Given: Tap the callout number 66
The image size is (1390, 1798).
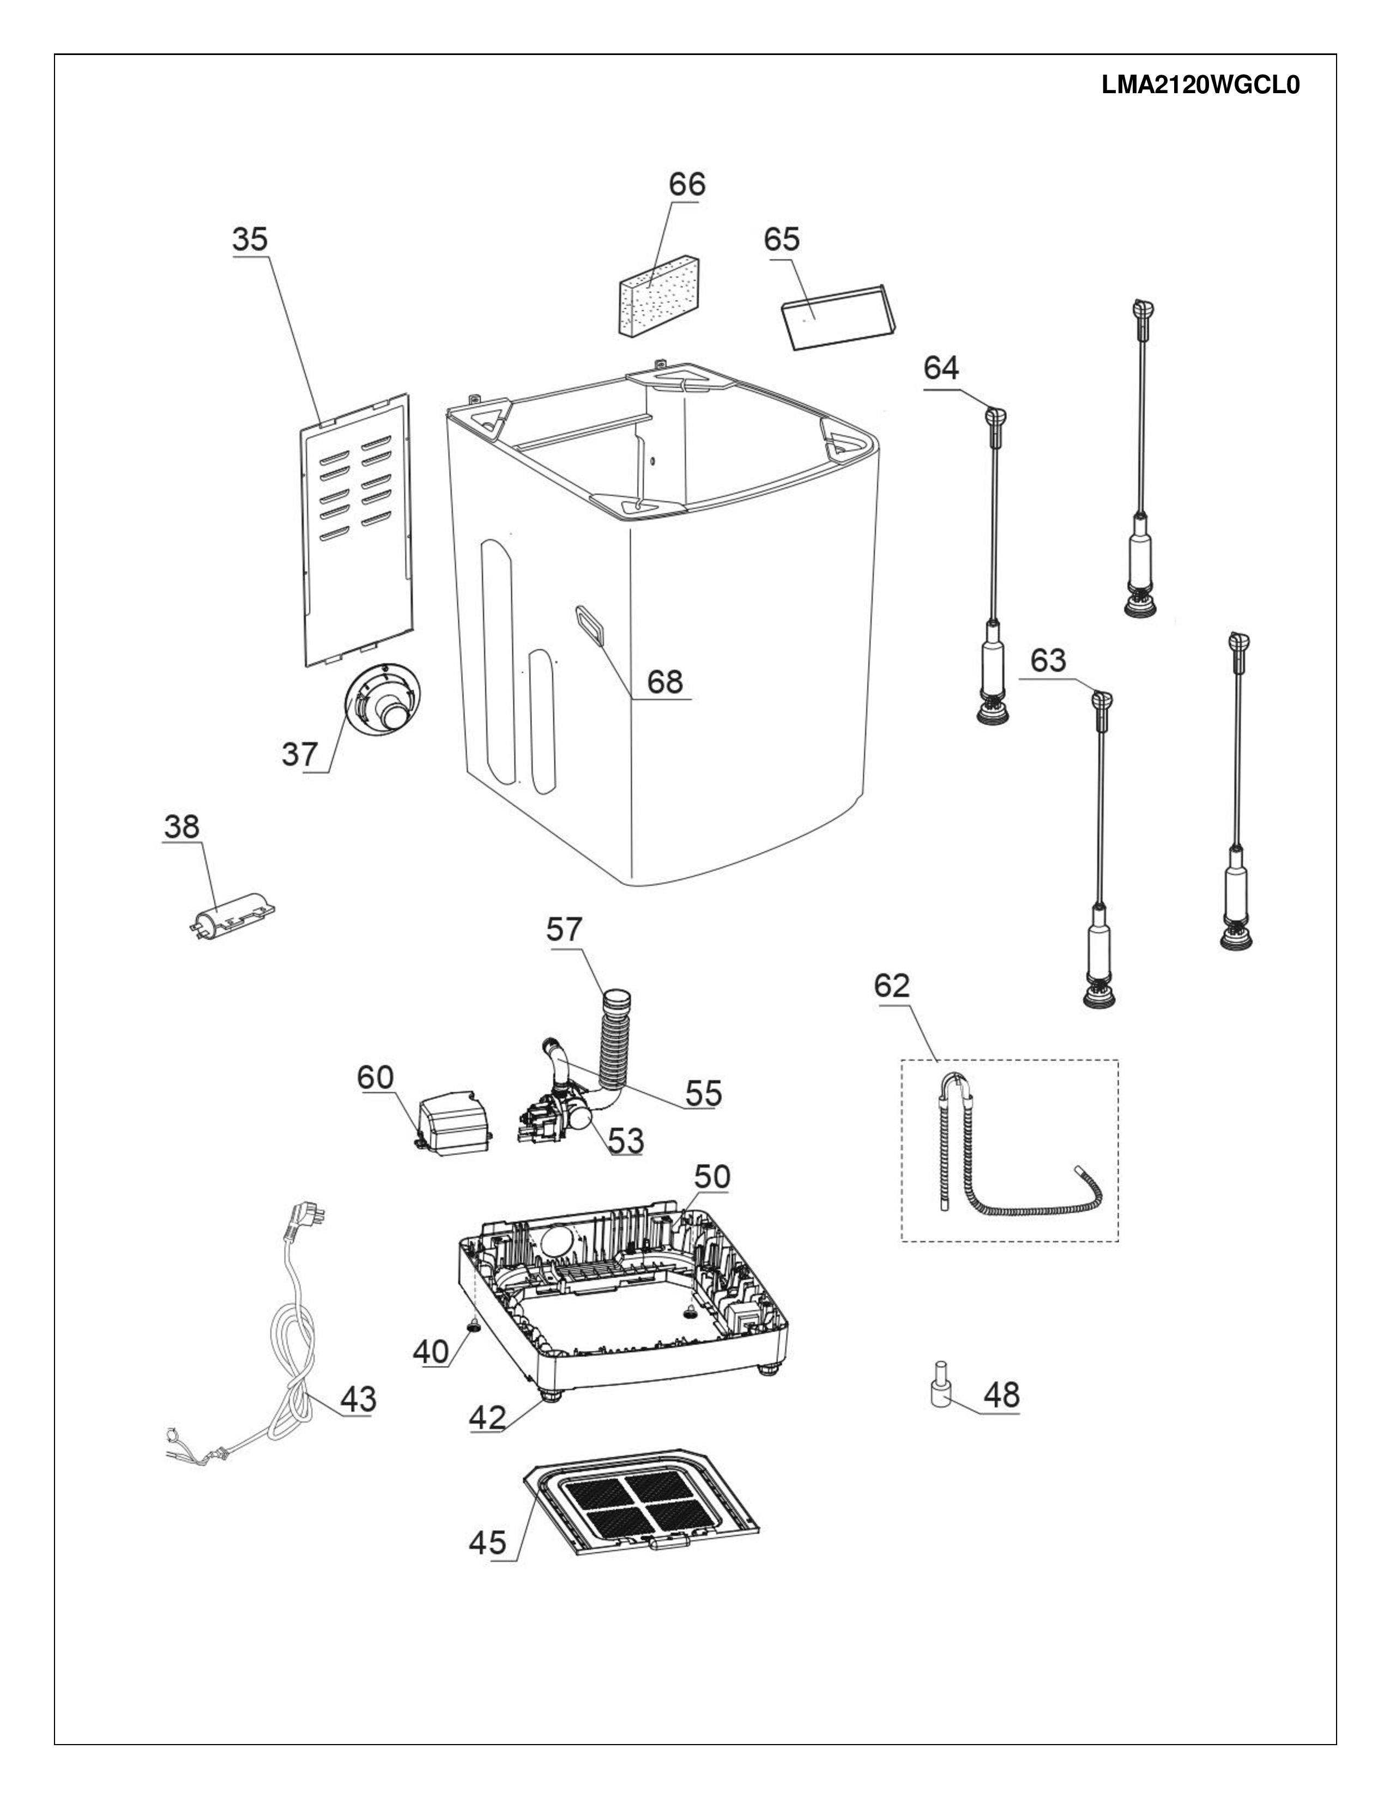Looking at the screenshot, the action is click(687, 184).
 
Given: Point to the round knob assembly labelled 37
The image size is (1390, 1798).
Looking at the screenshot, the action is click(382, 697).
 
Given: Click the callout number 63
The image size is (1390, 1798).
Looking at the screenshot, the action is click(1048, 660).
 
